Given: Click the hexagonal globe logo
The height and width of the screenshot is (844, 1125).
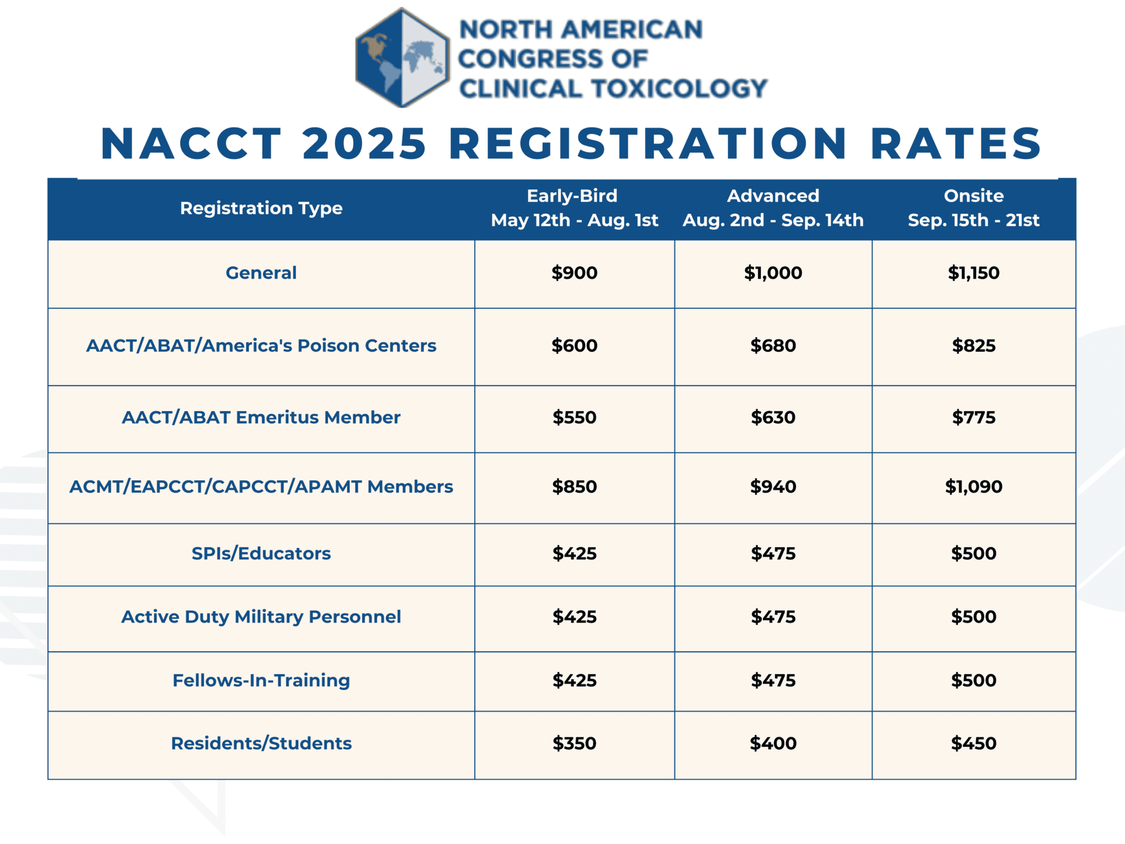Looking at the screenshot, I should [x=403, y=58].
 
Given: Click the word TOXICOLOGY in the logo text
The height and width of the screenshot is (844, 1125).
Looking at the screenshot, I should [x=679, y=89].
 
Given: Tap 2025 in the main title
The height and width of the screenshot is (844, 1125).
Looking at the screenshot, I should [x=364, y=144].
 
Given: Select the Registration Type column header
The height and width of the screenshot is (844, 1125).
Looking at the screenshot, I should [x=261, y=208].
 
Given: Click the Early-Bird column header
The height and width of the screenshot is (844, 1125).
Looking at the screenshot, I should [x=574, y=208].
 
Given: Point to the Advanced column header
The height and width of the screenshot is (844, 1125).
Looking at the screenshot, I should [x=773, y=208].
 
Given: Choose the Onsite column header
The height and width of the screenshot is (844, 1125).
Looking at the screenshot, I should [x=973, y=208].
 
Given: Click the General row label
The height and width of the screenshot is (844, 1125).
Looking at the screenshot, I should [x=261, y=273].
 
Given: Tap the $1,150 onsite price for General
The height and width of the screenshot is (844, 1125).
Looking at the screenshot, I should [x=973, y=273].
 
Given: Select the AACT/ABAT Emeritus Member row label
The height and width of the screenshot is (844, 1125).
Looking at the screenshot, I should [x=261, y=418].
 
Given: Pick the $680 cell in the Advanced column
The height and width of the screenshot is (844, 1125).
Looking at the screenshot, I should [x=773, y=346].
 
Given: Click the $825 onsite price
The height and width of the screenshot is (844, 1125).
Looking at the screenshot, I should [x=973, y=346].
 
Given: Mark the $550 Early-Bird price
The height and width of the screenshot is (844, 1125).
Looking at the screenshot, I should [x=574, y=418].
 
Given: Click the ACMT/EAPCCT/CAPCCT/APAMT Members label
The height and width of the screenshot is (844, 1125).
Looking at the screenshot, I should [x=261, y=487].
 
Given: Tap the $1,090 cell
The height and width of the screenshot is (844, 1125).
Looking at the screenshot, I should [x=973, y=487].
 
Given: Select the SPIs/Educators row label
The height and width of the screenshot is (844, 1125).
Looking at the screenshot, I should [x=261, y=553].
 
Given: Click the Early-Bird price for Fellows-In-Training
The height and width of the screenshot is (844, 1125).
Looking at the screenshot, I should [x=574, y=681].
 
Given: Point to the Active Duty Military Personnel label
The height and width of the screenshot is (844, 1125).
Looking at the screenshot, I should [x=261, y=617].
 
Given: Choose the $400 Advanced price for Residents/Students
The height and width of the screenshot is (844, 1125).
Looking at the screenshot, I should [x=773, y=743].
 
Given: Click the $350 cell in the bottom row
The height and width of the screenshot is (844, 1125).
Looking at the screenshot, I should [x=574, y=743].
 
